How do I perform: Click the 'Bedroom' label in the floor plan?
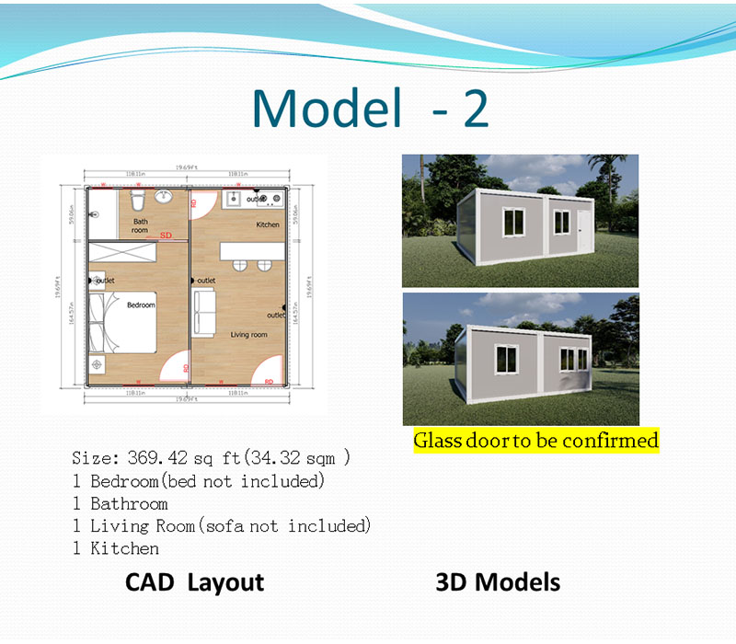point(141,305)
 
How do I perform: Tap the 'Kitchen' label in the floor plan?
point(268,224)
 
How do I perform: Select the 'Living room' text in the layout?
point(248,335)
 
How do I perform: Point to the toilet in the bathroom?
point(137,199)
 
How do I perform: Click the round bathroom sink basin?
point(165,197)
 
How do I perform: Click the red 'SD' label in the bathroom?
point(166,236)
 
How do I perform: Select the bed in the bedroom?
point(129,322)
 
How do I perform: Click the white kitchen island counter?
point(250,248)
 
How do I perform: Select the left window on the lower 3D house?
point(510,359)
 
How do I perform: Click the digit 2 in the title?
point(475,109)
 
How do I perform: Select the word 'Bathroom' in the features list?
point(129,503)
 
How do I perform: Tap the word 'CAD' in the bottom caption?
point(152,582)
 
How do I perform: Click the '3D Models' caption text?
point(497,582)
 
